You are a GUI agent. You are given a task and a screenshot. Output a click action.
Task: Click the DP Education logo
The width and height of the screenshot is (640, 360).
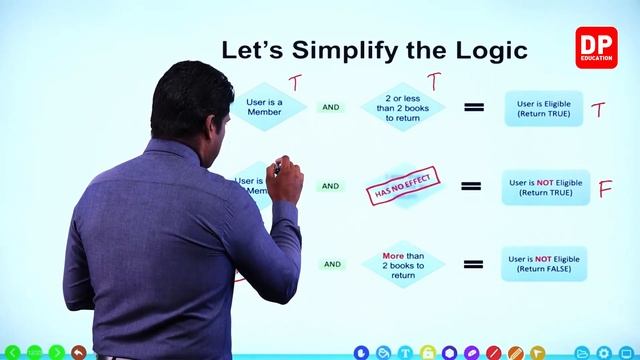click(x=596, y=47)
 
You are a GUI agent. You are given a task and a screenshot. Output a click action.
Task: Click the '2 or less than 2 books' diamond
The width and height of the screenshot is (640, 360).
click(x=403, y=107)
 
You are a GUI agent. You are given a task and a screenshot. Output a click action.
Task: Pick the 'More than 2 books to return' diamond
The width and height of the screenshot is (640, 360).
click(x=403, y=265)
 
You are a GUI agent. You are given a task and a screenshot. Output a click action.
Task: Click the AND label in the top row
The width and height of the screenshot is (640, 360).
click(x=331, y=107)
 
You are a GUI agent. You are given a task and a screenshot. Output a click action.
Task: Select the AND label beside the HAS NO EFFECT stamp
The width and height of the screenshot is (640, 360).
click(x=331, y=186)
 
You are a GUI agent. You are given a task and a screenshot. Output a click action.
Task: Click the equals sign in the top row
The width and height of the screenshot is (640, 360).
click(x=474, y=107)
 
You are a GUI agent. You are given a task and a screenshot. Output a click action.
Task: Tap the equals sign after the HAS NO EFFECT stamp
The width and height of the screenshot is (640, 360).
click(x=470, y=186)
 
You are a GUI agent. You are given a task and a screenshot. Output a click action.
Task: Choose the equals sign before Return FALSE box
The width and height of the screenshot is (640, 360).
click(x=474, y=265)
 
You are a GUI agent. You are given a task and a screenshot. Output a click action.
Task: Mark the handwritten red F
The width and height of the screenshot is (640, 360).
click(x=605, y=188)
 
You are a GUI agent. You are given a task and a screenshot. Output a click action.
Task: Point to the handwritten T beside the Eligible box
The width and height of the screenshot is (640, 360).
click(x=598, y=109)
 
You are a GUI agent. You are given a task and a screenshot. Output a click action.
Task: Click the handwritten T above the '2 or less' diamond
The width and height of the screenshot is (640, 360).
click(x=434, y=80)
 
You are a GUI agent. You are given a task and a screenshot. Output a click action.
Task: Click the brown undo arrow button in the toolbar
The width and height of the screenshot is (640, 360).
click(x=78, y=352)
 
